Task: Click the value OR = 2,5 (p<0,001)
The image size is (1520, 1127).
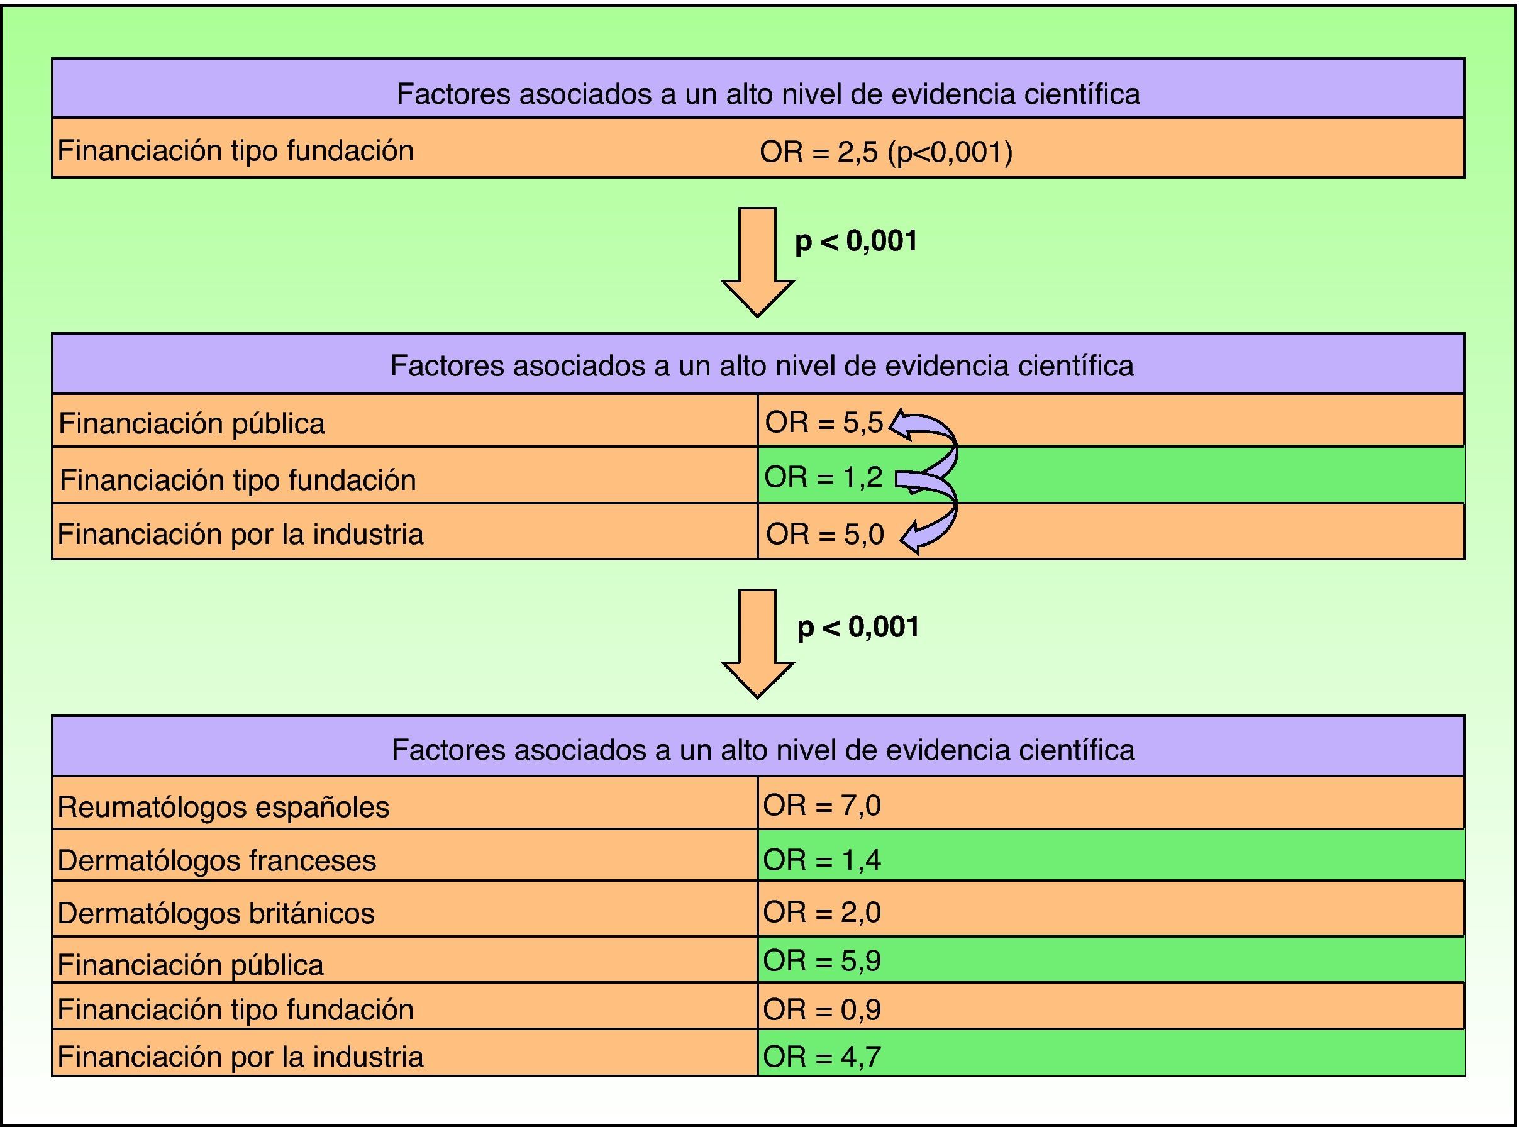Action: (885, 152)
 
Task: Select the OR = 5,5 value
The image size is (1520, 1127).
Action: (823, 423)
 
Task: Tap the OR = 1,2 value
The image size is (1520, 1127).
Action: (823, 477)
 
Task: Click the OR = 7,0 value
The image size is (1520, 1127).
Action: (821, 806)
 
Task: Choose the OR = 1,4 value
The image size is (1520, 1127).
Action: (821, 860)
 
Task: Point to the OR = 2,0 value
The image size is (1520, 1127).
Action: (821, 912)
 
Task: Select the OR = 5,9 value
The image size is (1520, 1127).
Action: (821, 960)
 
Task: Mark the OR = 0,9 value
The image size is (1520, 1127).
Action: (821, 1009)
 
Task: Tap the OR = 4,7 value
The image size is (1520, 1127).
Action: (821, 1057)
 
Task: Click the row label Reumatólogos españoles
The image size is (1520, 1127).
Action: (223, 807)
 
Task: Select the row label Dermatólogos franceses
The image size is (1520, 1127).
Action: (216, 860)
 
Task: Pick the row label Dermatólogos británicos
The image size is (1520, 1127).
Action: (216, 913)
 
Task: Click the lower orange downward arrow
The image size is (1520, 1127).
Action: (757, 642)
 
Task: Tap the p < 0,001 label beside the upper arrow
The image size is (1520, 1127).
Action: (855, 241)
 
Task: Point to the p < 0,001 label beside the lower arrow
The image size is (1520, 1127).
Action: (858, 627)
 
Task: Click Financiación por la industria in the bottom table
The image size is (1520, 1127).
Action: (240, 1057)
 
